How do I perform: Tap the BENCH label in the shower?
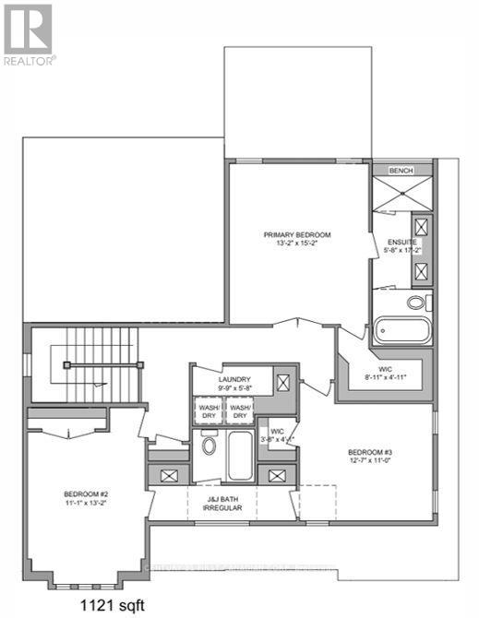coord(401,171)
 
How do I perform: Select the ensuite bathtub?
coord(401,330)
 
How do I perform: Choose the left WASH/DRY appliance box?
coord(208,410)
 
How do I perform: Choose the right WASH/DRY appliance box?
coord(240,410)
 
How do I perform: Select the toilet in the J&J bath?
coord(209,446)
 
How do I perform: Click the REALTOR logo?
coord(29,34)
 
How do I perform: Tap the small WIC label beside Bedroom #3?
coord(276,435)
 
